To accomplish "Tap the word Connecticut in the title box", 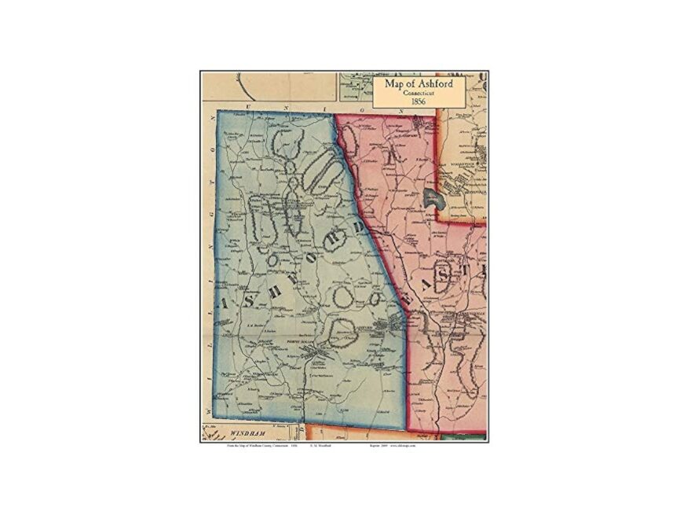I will click(x=418, y=93).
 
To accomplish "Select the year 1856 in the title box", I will click(x=418, y=101).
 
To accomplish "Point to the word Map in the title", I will click(x=396, y=83).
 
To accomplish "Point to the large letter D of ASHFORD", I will click(x=357, y=230).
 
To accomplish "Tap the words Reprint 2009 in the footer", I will click(x=379, y=446).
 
